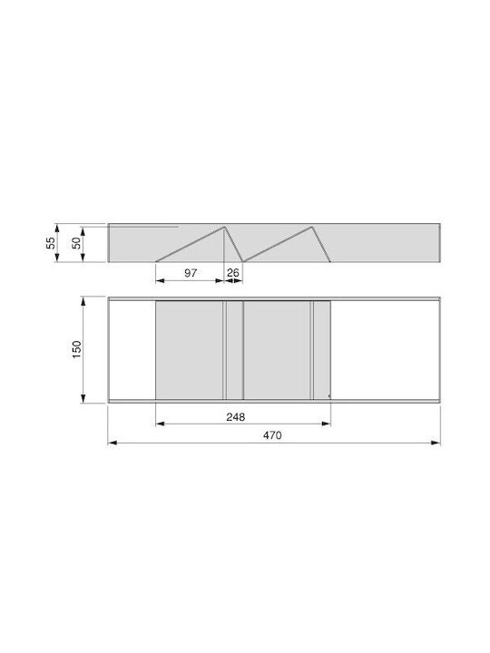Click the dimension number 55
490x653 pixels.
point(51,243)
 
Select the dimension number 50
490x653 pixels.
point(76,243)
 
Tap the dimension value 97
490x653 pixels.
point(191,273)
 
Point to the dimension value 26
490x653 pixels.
point(233,273)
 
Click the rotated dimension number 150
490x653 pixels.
point(76,350)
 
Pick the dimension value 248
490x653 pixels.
point(236,417)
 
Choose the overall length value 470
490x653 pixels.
point(272,435)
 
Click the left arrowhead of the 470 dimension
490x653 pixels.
point(113,443)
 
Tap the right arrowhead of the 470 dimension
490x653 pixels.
point(436,443)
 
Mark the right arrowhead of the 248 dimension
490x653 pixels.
point(327,424)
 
